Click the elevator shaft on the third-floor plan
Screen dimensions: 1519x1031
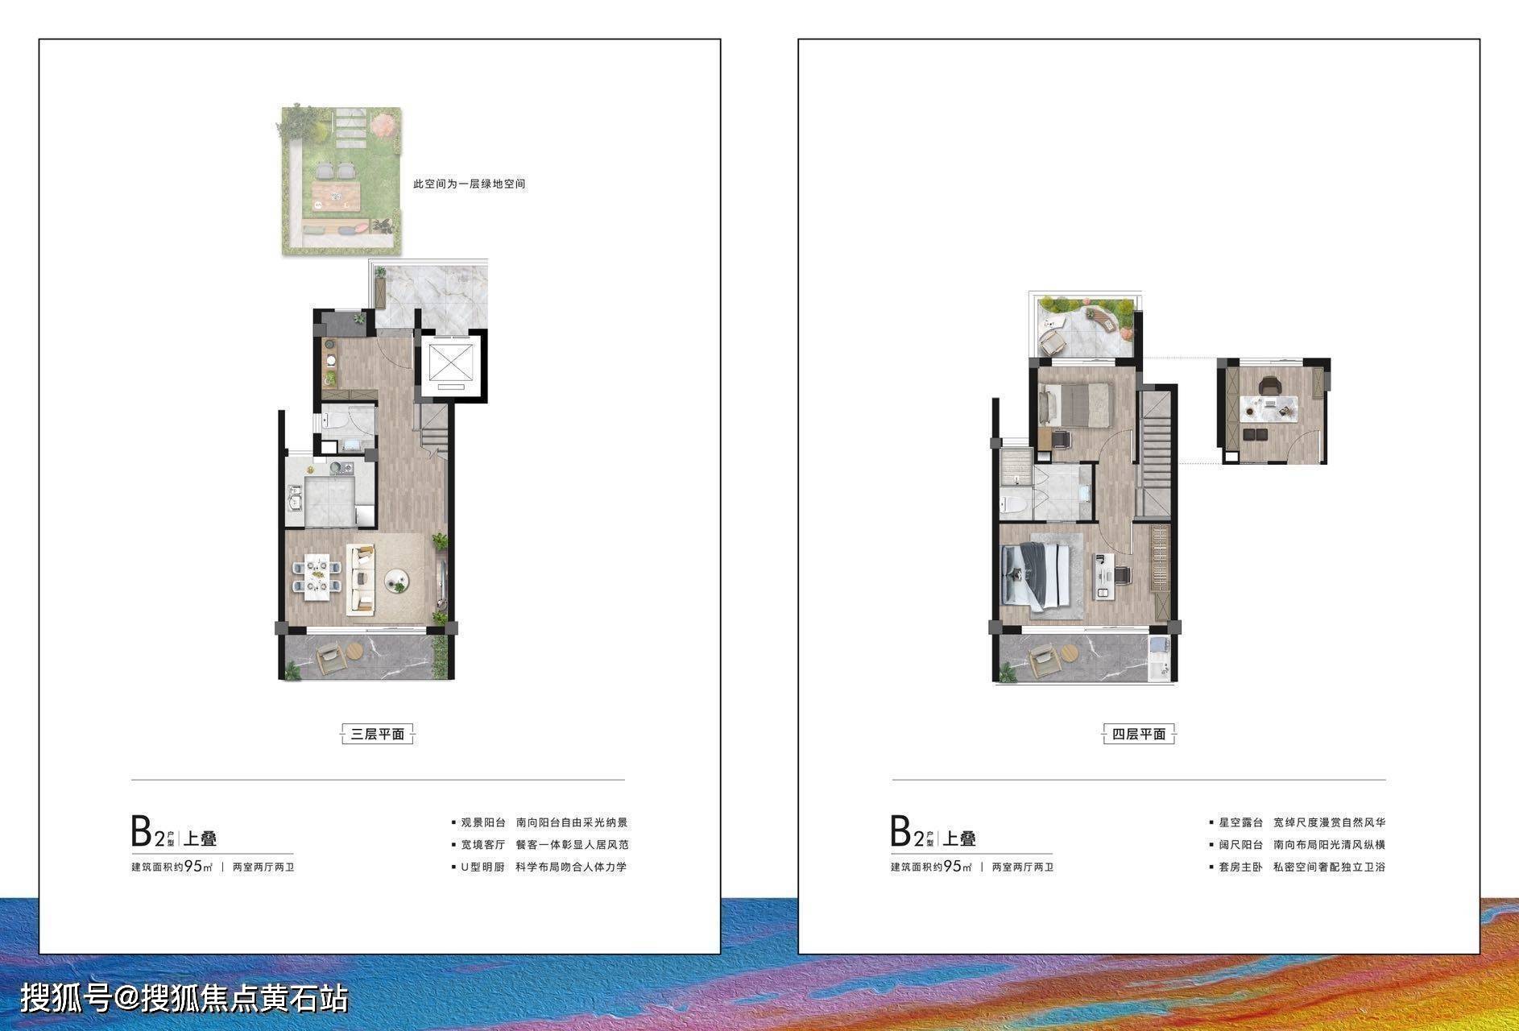pyautogui.click(x=450, y=365)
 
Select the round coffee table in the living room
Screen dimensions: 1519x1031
pyautogui.click(x=398, y=581)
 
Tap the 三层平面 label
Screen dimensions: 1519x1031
pyautogui.click(x=377, y=734)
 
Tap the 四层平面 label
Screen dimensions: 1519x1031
pyautogui.click(x=1139, y=734)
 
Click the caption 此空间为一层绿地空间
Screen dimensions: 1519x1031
pyautogui.click(x=470, y=184)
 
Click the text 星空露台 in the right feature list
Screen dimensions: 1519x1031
pyautogui.click(x=1240, y=822)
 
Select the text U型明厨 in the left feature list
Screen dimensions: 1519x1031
pyautogui.click(x=482, y=867)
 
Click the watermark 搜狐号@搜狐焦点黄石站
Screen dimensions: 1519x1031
pyautogui.click(x=184, y=999)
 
